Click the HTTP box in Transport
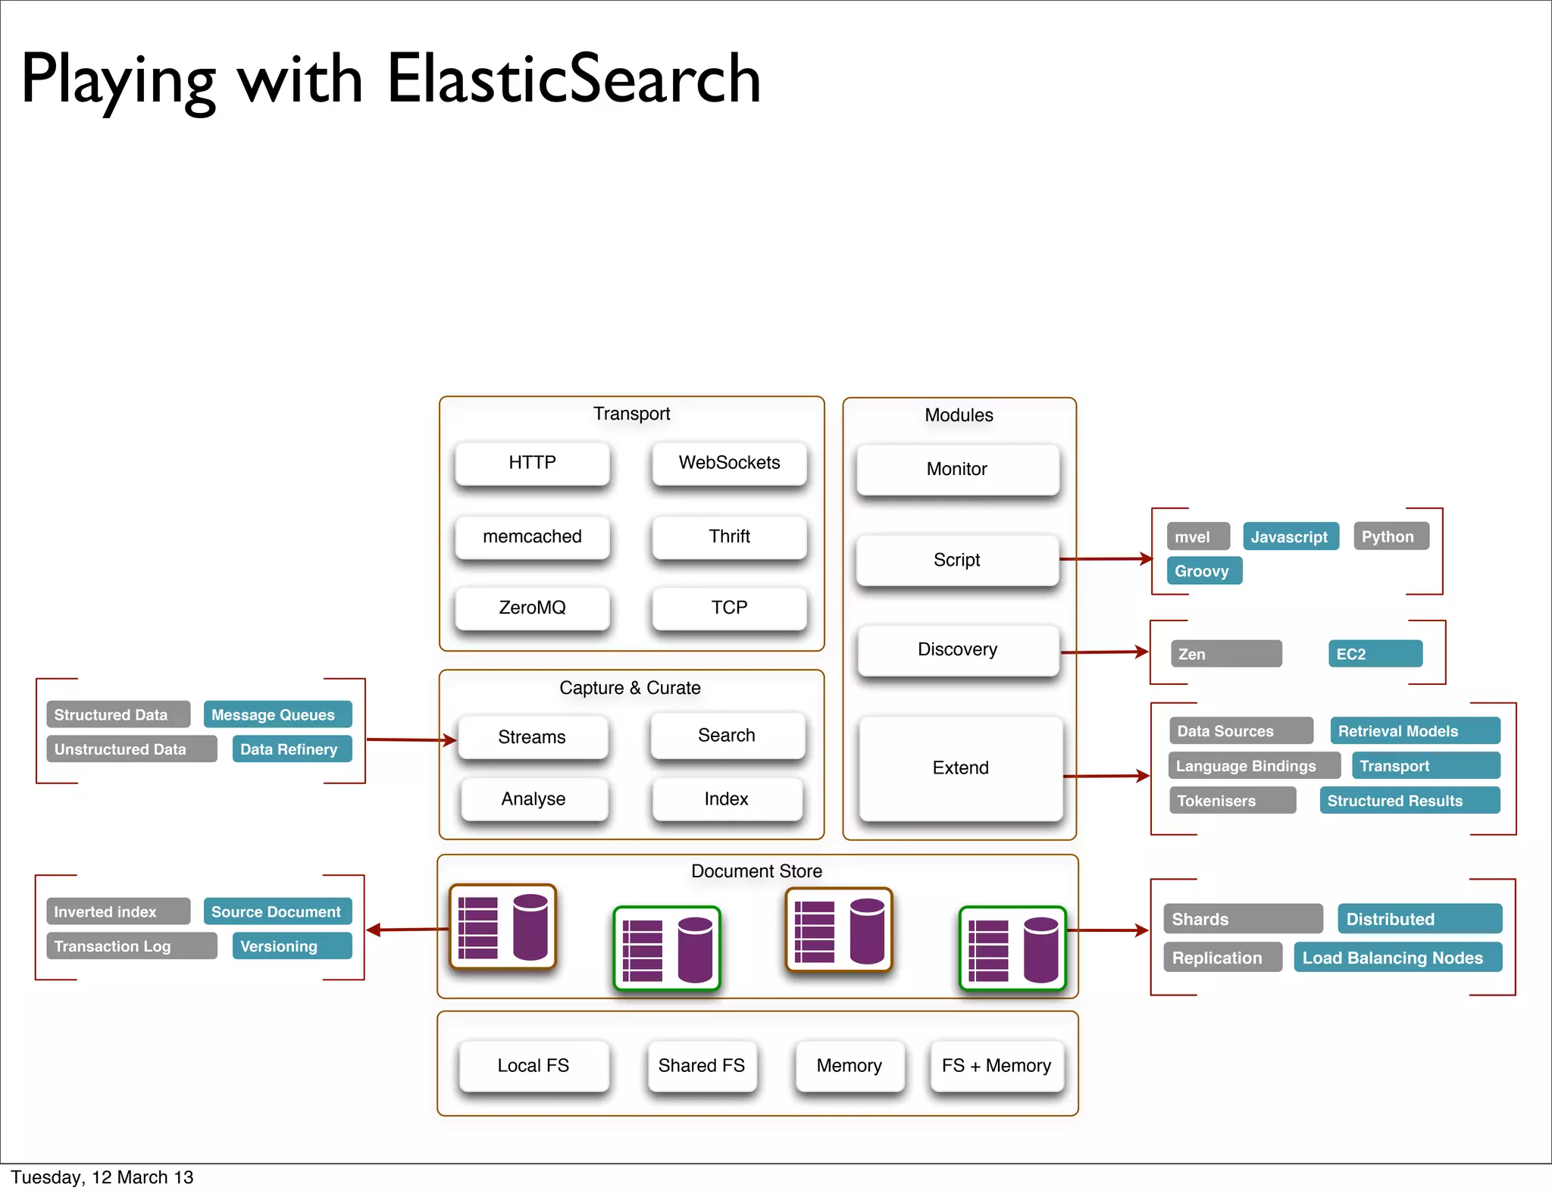click(x=532, y=463)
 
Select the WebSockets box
click(x=729, y=463)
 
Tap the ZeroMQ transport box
click(x=532, y=608)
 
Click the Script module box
click(x=956, y=560)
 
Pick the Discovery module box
click(x=957, y=649)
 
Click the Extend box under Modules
click(x=960, y=767)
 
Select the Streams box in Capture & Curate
click(x=532, y=737)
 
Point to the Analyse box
click(x=533, y=799)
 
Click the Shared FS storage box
click(x=701, y=1065)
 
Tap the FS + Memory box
click(x=996, y=1065)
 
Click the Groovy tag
click(x=1203, y=571)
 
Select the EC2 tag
click(x=1375, y=654)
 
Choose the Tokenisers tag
click(x=1231, y=801)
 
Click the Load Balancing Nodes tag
click(x=1397, y=958)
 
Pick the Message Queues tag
click(x=277, y=714)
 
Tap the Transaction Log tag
click(x=131, y=946)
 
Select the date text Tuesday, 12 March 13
click(x=102, y=1177)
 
